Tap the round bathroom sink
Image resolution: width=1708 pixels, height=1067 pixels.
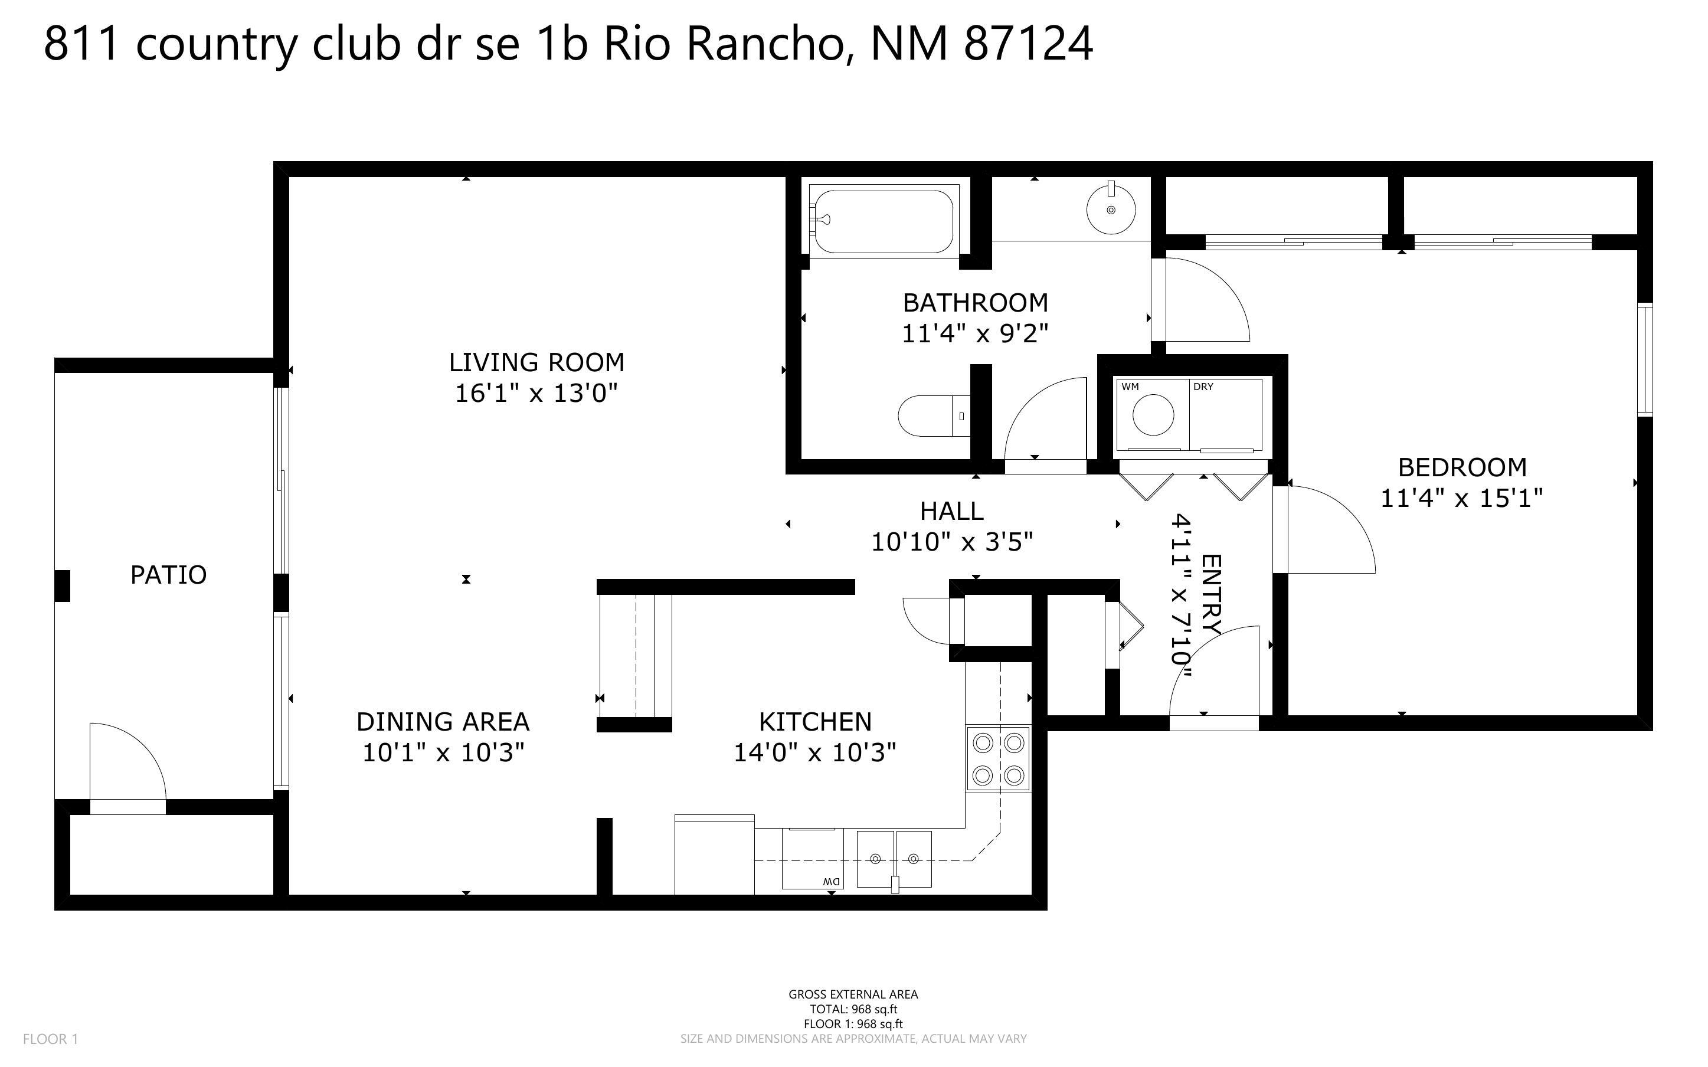1111,210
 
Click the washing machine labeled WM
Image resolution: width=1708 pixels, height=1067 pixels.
1153,414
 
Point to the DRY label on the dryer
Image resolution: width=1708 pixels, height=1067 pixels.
1203,387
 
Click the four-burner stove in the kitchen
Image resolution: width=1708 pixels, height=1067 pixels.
997,760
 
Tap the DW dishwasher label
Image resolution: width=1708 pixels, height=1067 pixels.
831,882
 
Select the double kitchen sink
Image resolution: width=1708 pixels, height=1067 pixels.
894,859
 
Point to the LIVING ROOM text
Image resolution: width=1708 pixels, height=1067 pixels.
536,362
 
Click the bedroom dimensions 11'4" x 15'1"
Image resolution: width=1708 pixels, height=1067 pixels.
1461,498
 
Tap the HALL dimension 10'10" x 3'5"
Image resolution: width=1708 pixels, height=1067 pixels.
952,542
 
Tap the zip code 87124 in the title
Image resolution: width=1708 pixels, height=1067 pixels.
1028,44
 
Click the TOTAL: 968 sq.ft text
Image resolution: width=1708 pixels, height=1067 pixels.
853,1009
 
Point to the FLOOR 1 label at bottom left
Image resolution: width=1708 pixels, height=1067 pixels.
50,1039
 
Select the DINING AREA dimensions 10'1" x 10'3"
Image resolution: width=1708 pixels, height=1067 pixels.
443,753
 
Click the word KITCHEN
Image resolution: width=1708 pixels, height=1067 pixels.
815,721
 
